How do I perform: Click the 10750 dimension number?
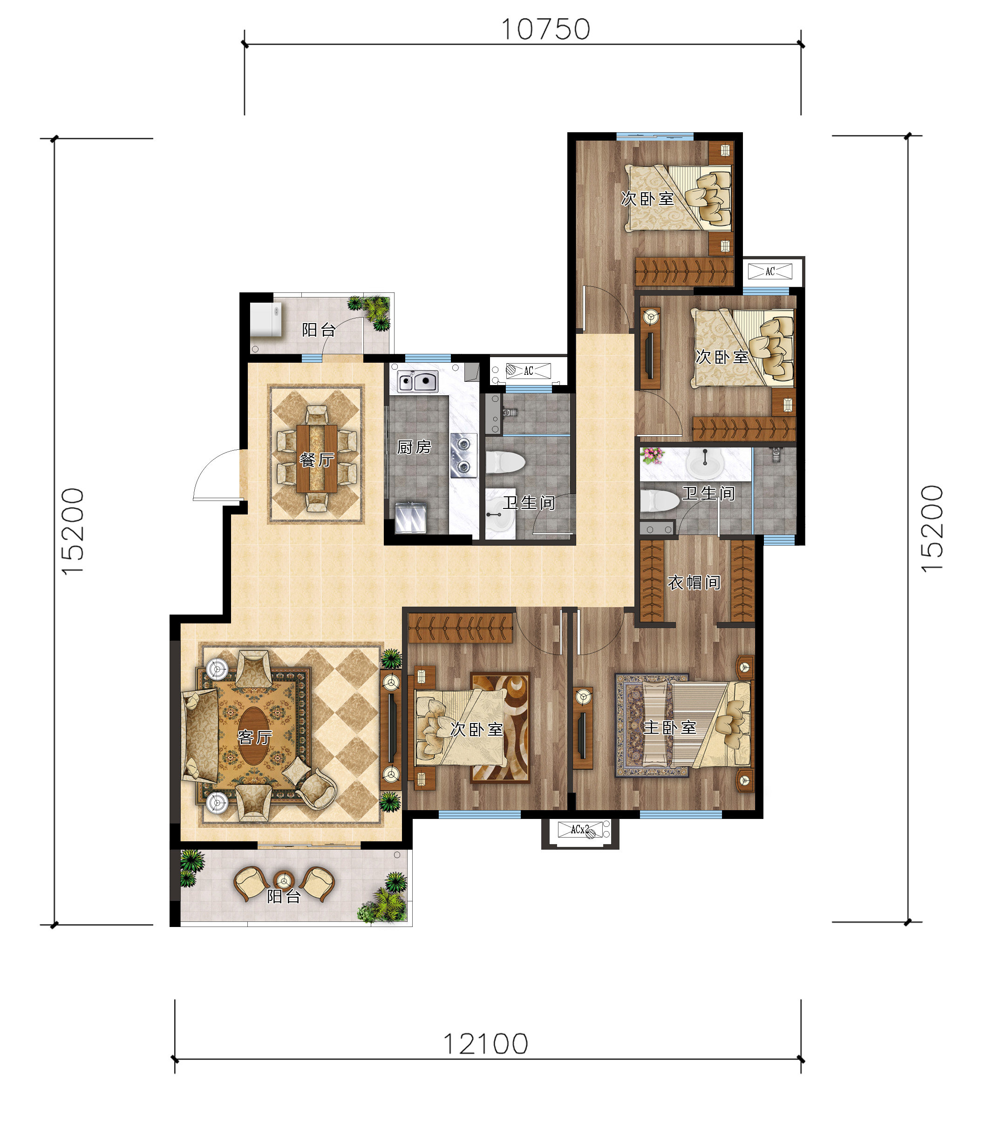[x=546, y=29]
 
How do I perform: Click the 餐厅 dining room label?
[x=317, y=460]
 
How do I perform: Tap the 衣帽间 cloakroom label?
[x=694, y=582]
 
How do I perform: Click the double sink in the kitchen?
[x=418, y=381]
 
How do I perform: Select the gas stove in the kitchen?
[x=463, y=455]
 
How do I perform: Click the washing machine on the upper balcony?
[x=266, y=319]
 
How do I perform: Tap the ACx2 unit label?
[x=580, y=829]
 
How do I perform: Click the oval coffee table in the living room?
[x=254, y=736]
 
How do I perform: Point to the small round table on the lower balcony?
[x=284, y=880]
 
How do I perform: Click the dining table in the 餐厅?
[x=317, y=458]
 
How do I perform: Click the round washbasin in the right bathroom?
[x=705, y=464]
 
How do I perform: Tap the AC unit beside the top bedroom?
[x=770, y=271]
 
